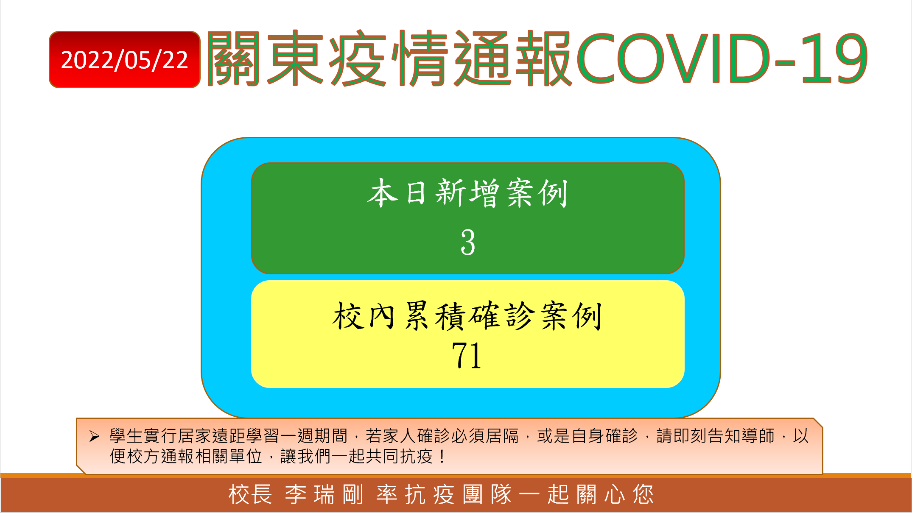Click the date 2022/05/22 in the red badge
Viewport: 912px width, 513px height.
[x=124, y=60]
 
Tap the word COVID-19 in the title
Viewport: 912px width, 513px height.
[x=722, y=58]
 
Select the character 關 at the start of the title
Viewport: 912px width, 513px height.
[x=234, y=58]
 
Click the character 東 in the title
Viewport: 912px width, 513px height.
[x=295, y=58]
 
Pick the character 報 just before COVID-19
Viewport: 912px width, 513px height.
[x=544, y=58]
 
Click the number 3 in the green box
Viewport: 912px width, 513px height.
[x=468, y=242]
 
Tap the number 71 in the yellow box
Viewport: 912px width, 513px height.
[x=467, y=355]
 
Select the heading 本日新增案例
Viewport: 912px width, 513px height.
[x=467, y=193]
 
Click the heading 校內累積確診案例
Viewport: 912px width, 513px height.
[x=467, y=316]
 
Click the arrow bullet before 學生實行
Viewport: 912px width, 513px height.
[x=94, y=436]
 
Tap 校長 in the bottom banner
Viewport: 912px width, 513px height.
[x=250, y=495]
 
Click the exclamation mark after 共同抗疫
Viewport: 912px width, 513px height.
[x=442, y=457]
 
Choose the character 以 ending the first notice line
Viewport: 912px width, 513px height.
[x=801, y=436]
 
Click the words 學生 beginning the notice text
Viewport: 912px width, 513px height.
[x=126, y=436]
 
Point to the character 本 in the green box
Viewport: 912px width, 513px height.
[x=383, y=193]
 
